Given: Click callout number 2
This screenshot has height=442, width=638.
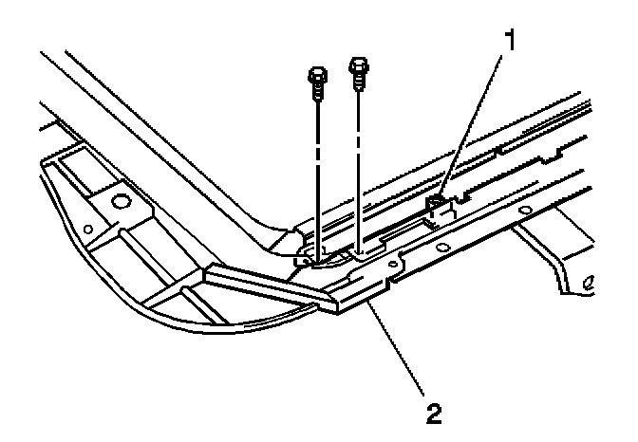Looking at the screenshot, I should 434,414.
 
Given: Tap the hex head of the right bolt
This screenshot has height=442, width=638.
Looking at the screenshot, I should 358,67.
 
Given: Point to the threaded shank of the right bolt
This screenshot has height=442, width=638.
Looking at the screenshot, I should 359,83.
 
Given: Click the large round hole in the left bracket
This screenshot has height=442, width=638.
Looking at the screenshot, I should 121,201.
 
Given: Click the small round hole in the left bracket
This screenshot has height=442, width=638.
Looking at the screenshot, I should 87,229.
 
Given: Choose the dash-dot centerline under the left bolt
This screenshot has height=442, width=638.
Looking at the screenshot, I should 316,171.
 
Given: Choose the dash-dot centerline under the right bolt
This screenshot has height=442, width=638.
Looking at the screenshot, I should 359,161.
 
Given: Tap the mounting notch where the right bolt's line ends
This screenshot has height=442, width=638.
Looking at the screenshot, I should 362,252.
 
